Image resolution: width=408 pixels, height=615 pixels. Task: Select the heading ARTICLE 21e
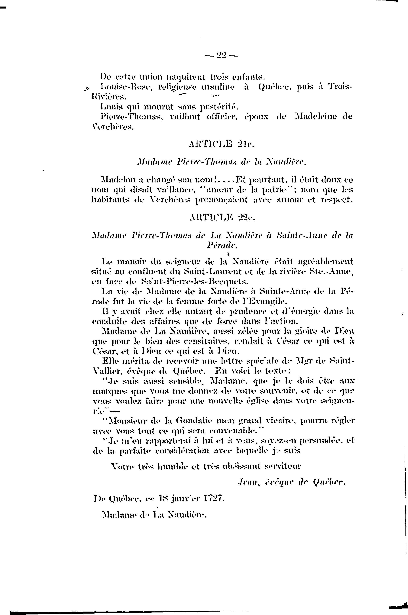[x=221, y=144]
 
